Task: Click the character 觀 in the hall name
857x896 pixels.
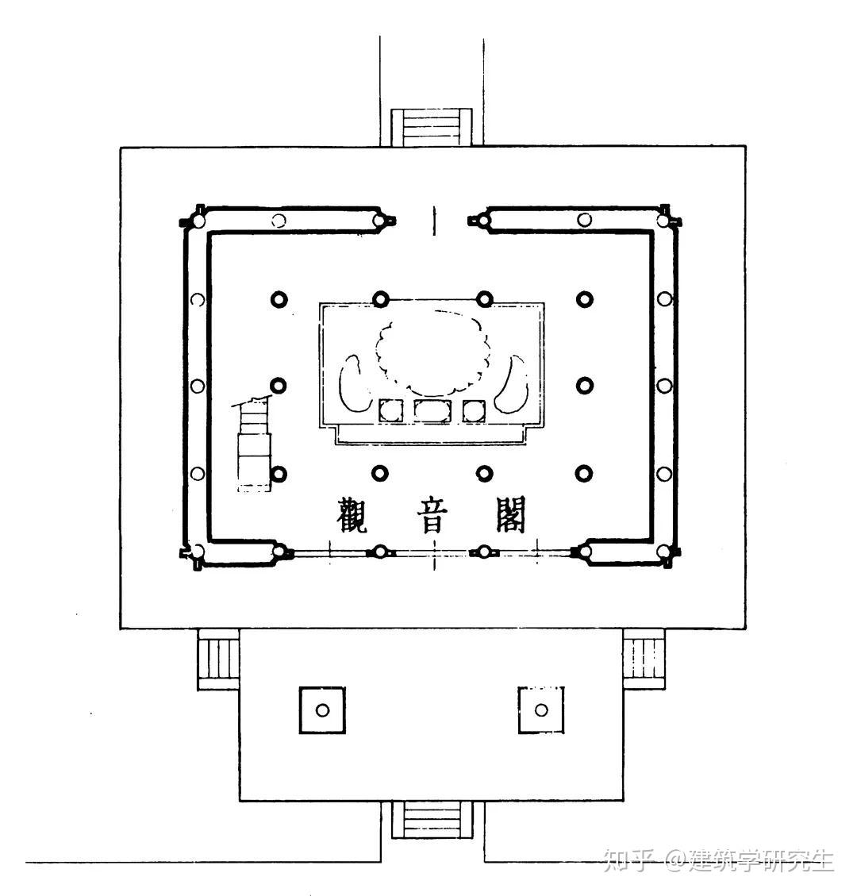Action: (352, 515)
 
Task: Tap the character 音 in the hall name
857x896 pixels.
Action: (432, 515)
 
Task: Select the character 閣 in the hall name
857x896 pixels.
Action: (510, 514)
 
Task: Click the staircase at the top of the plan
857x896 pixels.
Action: (432, 127)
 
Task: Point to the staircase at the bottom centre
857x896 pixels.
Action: (432, 820)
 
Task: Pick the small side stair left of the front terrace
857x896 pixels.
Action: (218, 659)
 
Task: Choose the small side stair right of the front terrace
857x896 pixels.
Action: (644, 659)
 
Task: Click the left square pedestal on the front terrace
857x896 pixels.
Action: (322, 710)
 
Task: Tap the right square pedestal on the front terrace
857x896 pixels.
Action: (541, 710)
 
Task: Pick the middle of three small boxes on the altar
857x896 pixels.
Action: (432, 411)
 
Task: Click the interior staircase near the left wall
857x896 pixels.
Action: (253, 444)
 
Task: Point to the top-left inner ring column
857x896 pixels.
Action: (279, 299)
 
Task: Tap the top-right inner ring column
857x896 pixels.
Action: (585, 299)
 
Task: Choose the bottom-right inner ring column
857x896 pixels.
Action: (584, 473)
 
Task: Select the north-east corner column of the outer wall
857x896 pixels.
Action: (663, 220)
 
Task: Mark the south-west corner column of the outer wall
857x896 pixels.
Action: (197, 552)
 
